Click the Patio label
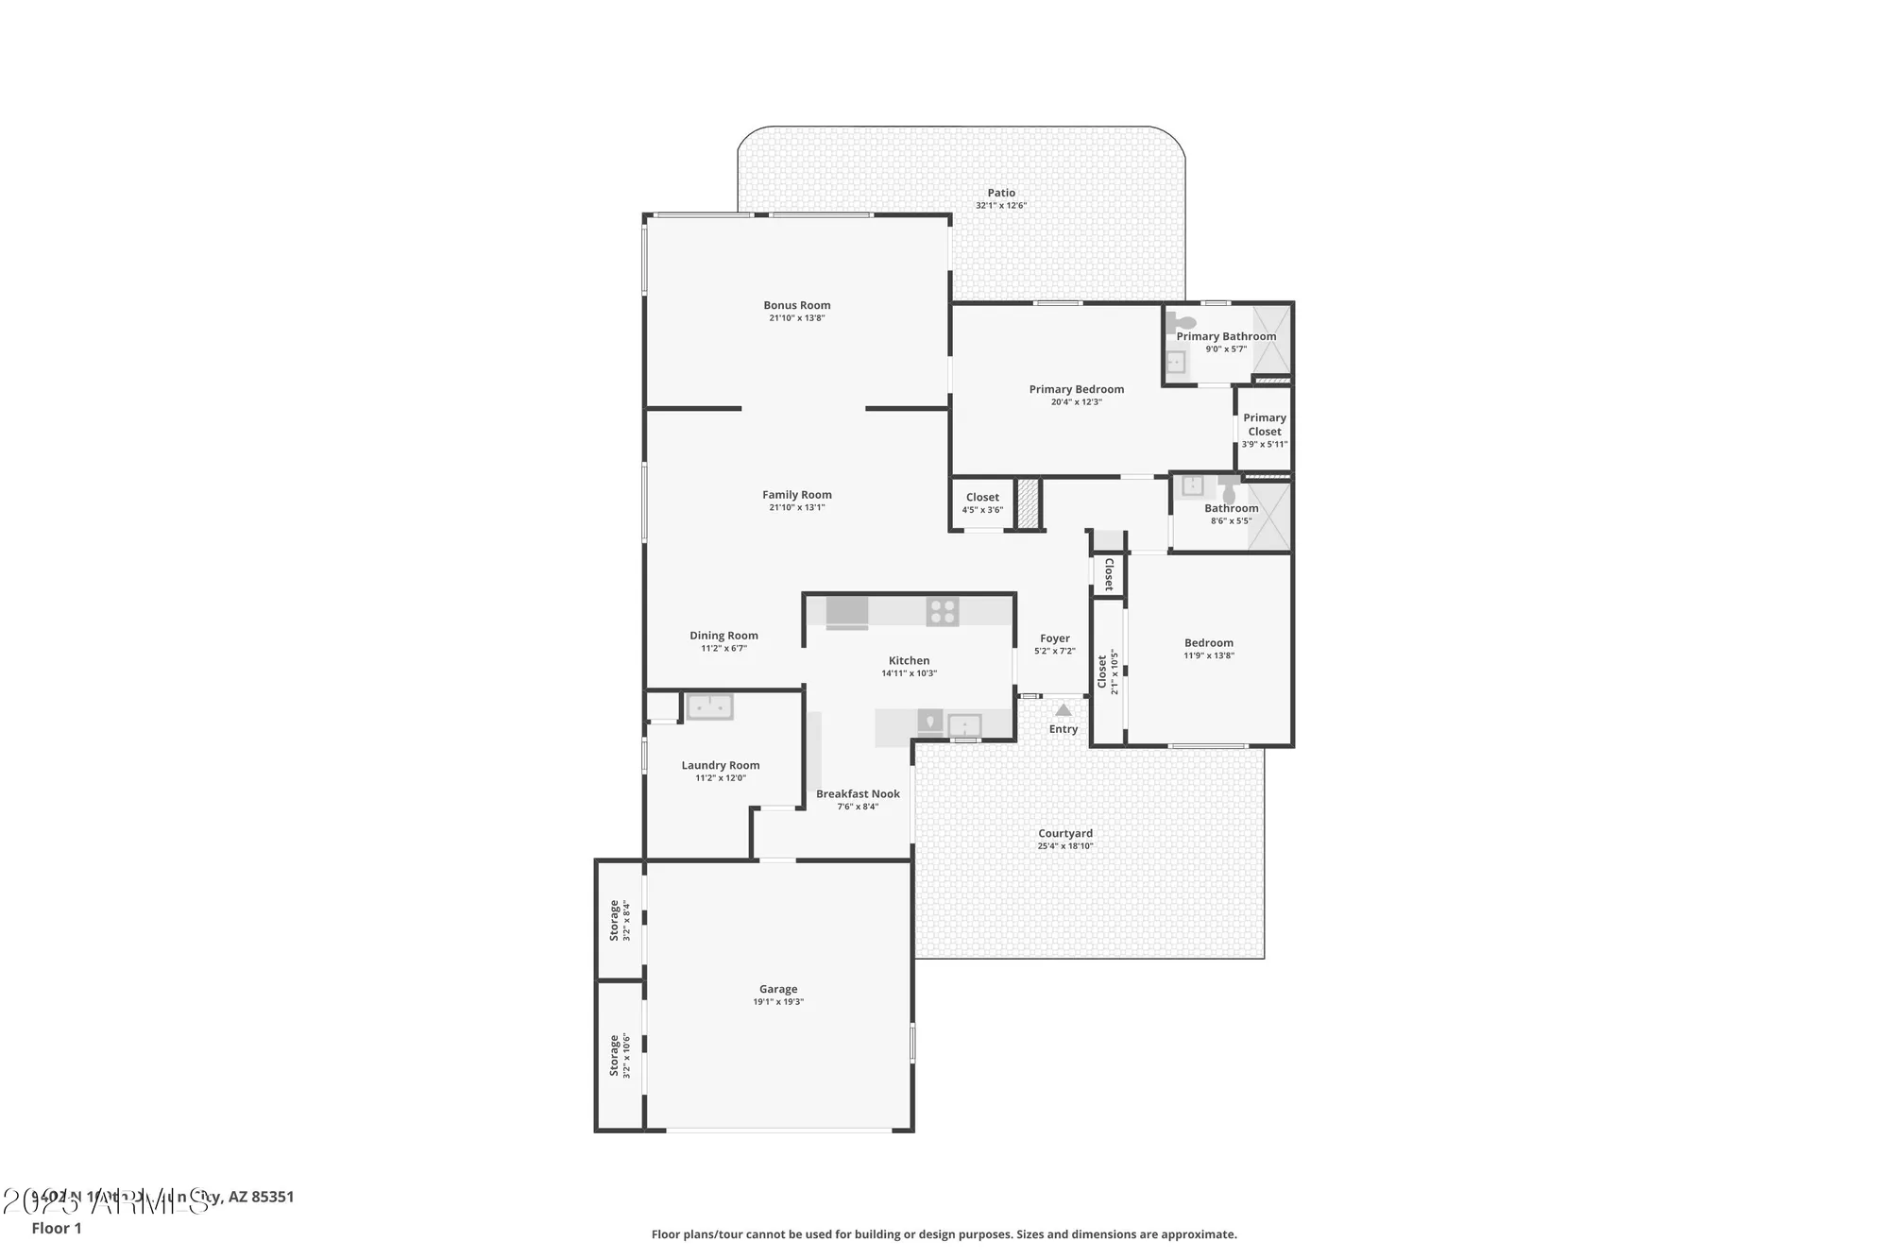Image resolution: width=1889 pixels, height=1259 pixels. [x=1001, y=193]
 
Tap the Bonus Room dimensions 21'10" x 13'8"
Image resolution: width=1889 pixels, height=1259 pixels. [x=796, y=318]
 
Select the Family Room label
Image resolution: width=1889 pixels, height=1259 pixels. [x=796, y=494]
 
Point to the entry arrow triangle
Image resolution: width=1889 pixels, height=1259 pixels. [x=1064, y=709]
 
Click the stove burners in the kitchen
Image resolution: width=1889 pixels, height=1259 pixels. [x=942, y=611]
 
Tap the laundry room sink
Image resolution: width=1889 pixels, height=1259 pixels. [x=709, y=706]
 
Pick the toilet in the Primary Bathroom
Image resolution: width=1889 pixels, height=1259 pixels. [x=1182, y=322]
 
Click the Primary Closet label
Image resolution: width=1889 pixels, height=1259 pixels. [x=1264, y=424]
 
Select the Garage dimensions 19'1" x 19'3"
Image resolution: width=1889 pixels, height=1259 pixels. [x=777, y=1002]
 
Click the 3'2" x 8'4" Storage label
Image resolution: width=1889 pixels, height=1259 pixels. [x=614, y=920]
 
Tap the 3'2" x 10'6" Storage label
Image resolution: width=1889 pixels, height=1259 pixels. [x=614, y=1055]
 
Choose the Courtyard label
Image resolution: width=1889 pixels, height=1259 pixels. [x=1064, y=833]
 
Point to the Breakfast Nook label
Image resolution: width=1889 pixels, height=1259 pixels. [x=858, y=793]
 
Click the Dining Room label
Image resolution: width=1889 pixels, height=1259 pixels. [x=723, y=636]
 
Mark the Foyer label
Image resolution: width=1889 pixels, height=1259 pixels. [x=1054, y=638]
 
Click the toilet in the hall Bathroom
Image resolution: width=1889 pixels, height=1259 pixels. [x=1229, y=493]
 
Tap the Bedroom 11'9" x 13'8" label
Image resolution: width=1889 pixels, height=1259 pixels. [x=1208, y=643]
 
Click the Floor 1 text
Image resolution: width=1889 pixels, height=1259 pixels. [x=57, y=1228]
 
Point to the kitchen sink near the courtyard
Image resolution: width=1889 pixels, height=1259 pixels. [x=964, y=725]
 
